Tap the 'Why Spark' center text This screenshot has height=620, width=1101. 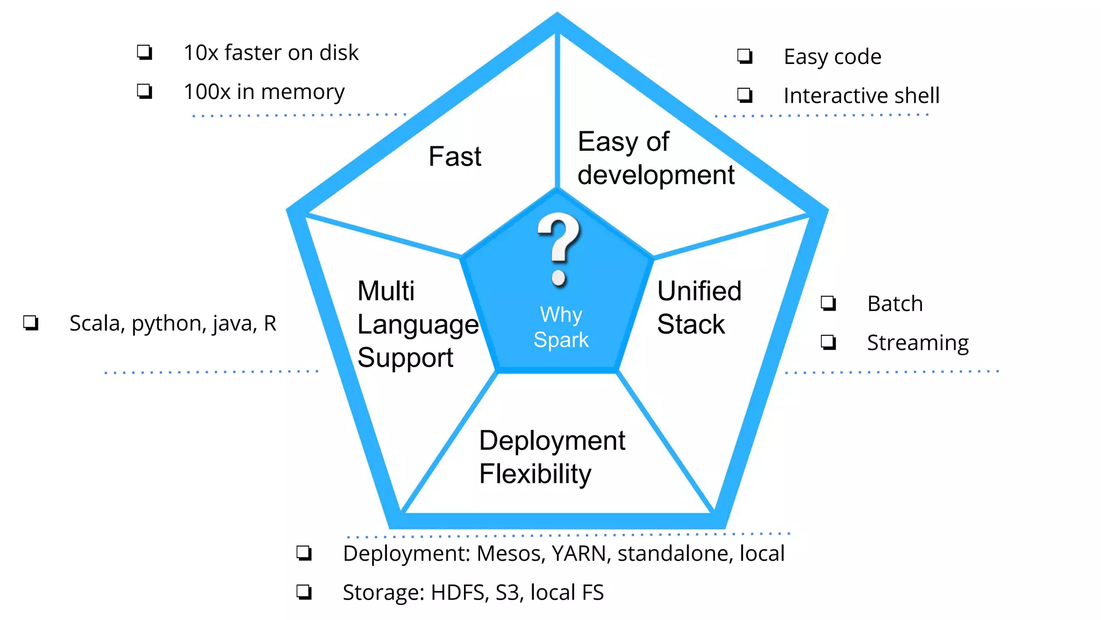click(x=561, y=327)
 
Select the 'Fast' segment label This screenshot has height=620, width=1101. click(x=455, y=157)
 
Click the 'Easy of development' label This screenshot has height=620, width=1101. click(x=655, y=158)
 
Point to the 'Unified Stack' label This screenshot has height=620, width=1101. click(x=698, y=307)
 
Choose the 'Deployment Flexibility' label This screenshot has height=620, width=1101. click(x=552, y=457)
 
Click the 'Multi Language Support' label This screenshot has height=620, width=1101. click(x=417, y=324)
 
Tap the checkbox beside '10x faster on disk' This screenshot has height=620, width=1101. click(x=145, y=52)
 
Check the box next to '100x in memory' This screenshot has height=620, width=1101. click(x=145, y=91)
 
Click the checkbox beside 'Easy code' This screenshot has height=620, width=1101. click(x=745, y=56)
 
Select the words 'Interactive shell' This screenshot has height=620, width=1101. click(x=861, y=96)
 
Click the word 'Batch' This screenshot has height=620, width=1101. click(x=895, y=304)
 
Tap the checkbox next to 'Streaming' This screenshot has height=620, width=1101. click(x=828, y=342)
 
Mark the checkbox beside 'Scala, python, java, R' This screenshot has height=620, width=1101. click(x=31, y=323)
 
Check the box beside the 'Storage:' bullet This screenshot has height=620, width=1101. click(x=304, y=592)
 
